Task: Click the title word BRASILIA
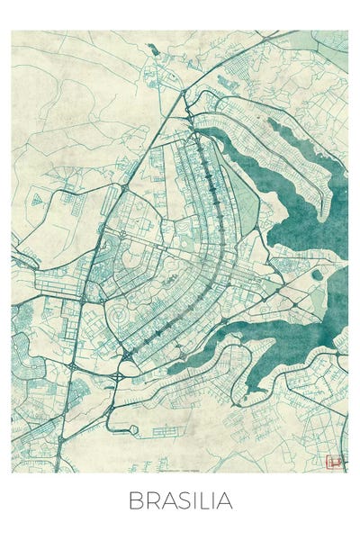tap(180, 500)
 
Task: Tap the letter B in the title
tap(135, 500)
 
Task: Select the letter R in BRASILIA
tap(150, 500)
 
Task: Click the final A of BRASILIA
tap(225, 500)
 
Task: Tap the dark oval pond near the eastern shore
tap(316, 275)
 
